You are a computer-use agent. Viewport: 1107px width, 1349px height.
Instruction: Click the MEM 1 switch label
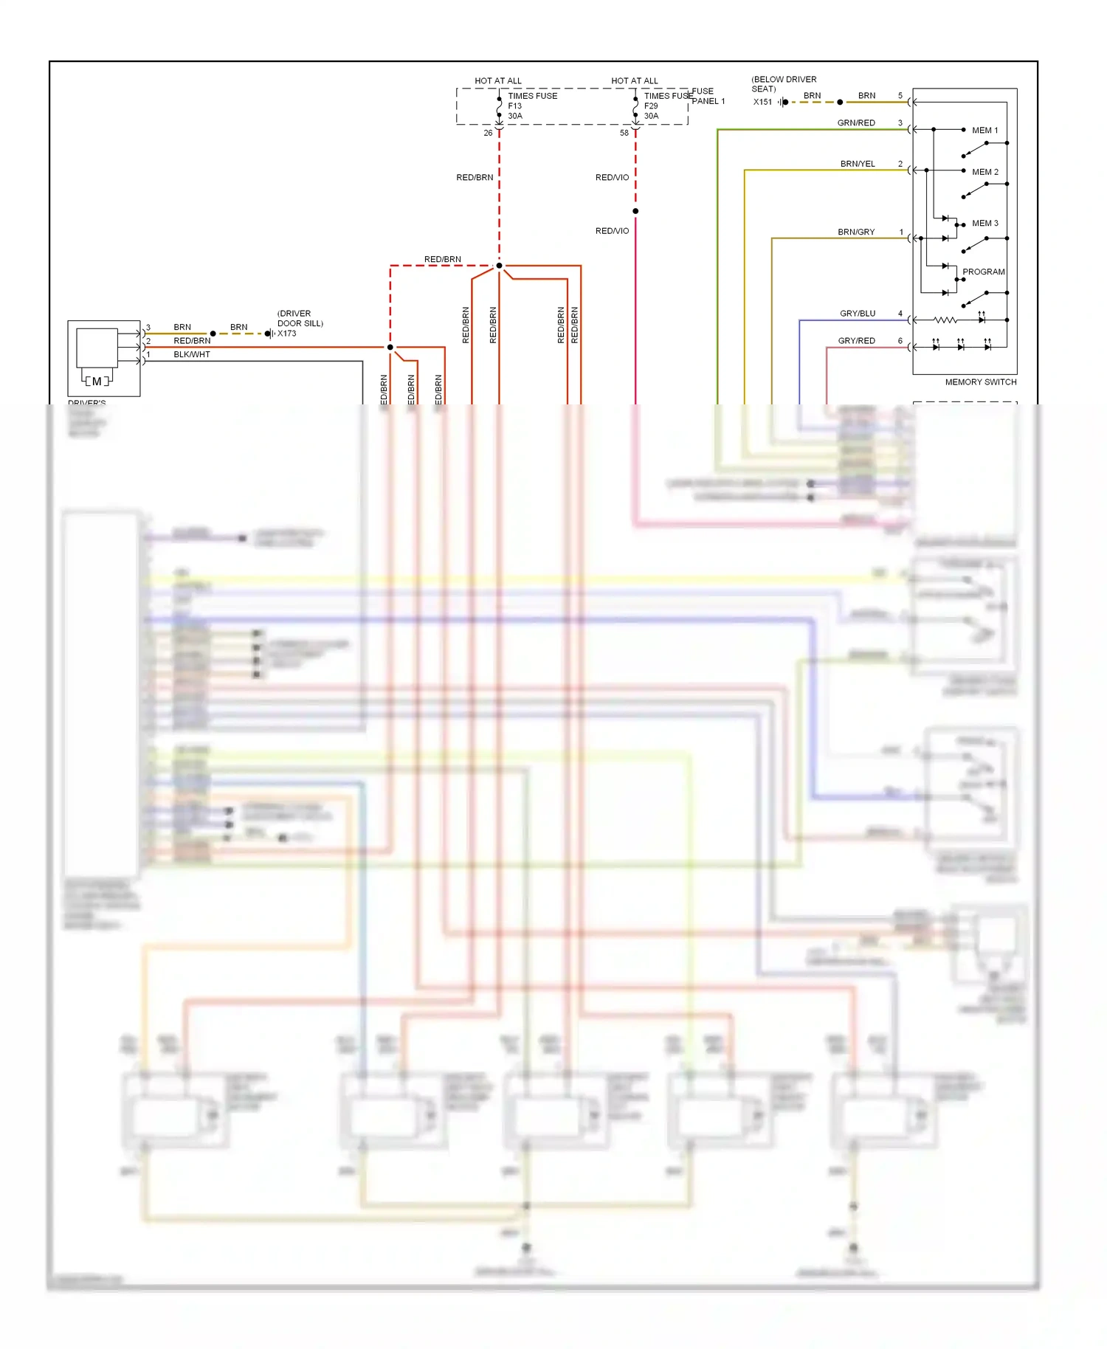pyautogui.click(x=984, y=131)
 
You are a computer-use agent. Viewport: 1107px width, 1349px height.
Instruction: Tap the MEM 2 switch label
pyautogui.click(x=984, y=172)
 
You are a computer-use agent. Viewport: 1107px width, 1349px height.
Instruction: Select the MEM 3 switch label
pyautogui.click(x=984, y=223)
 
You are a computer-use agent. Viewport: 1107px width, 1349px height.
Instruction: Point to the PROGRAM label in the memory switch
pyautogui.click(x=983, y=272)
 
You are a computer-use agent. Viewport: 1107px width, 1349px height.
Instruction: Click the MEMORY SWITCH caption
pyautogui.click(x=980, y=382)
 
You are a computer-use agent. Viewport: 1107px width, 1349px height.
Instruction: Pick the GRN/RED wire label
pyautogui.click(x=856, y=123)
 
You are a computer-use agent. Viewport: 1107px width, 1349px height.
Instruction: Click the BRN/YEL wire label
pyautogui.click(x=858, y=164)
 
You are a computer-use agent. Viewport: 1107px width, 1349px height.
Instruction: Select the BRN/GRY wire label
pyautogui.click(x=856, y=232)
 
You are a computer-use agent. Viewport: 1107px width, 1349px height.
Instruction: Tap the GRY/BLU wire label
pyautogui.click(x=858, y=314)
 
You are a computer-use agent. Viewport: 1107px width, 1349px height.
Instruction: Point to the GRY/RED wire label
pyautogui.click(x=856, y=341)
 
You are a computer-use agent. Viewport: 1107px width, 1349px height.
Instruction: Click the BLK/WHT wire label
pyautogui.click(x=192, y=354)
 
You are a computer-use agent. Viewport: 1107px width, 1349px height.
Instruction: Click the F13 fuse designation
pyautogui.click(x=514, y=106)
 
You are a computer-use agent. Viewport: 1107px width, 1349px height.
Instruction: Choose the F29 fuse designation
pyautogui.click(x=650, y=106)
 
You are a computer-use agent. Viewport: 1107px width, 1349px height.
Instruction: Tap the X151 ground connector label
pyautogui.click(x=762, y=102)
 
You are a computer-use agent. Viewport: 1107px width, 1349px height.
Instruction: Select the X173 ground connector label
pyautogui.click(x=287, y=334)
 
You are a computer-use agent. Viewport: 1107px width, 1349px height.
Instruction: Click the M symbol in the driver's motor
pyautogui.click(x=97, y=382)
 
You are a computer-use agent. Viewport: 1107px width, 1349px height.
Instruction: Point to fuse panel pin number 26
pyautogui.click(x=488, y=133)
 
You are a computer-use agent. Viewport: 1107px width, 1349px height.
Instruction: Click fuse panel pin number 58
pyautogui.click(x=624, y=133)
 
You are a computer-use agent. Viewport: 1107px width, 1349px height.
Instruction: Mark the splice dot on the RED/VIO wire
pyautogui.click(x=635, y=211)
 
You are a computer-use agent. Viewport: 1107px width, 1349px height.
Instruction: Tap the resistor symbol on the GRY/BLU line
pyautogui.click(x=945, y=320)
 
